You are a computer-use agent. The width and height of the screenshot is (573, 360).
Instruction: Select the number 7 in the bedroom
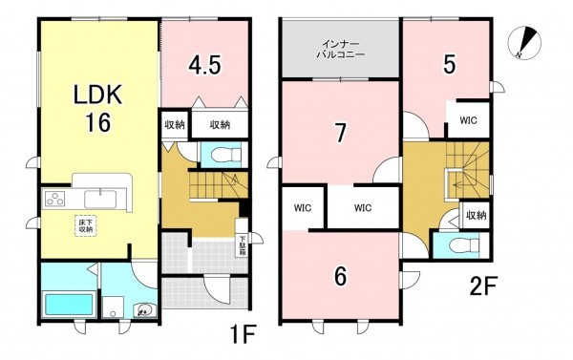click(x=338, y=132)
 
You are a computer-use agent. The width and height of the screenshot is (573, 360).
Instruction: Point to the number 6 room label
click(x=339, y=276)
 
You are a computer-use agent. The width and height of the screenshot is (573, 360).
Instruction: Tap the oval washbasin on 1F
click(x=143, y=309)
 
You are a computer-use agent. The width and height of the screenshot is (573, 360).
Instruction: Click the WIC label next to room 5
click(x=468, y=120)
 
